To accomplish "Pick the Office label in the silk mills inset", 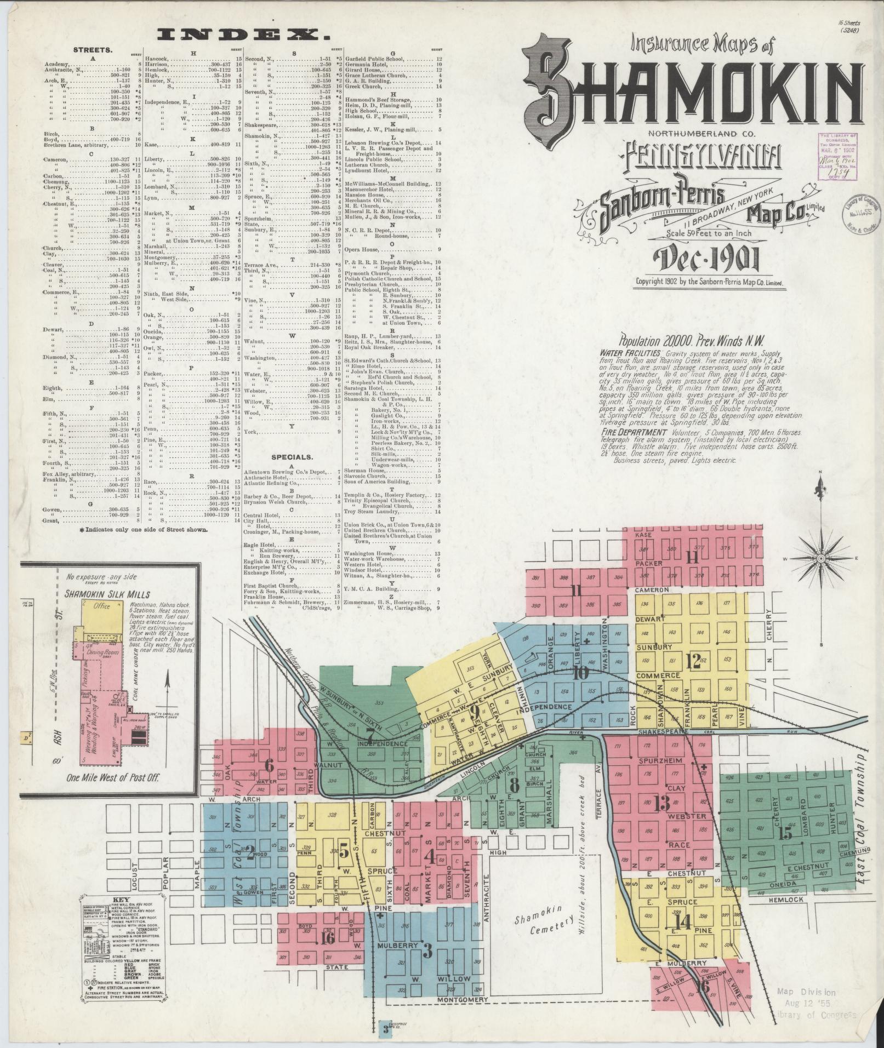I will (102, 606).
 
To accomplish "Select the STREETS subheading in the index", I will (93, 49).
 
